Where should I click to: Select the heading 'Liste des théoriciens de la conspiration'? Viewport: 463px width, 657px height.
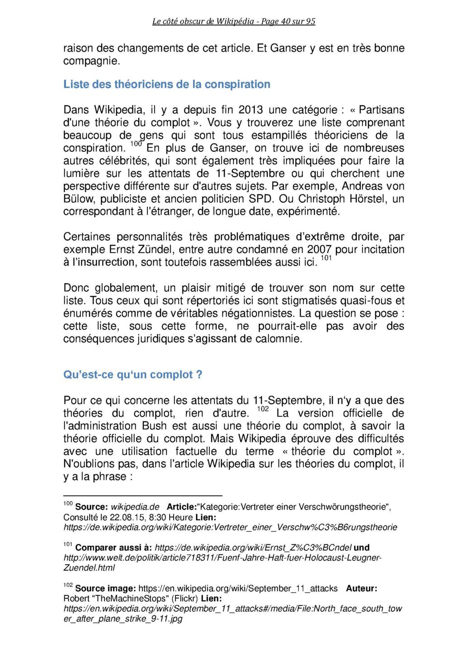[167, 85]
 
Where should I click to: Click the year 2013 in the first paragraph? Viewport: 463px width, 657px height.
[251, 110]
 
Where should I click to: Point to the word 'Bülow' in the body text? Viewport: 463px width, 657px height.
[79, 199]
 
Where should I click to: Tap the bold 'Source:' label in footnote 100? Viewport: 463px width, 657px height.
[90, 507]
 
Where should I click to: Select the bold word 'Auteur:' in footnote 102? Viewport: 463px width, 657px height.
[361, 589]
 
